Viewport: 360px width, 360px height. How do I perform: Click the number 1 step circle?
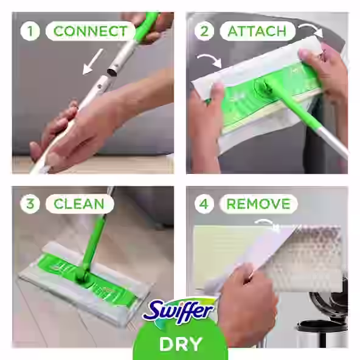[30, 30]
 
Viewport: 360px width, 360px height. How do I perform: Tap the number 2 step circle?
[204, 30]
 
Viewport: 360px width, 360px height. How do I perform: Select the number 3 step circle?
[30, 203]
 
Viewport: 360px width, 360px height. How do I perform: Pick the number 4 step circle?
[204, 203]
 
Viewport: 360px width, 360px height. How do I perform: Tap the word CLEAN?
[79, 203]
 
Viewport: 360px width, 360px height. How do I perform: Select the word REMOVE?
[258, 203]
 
